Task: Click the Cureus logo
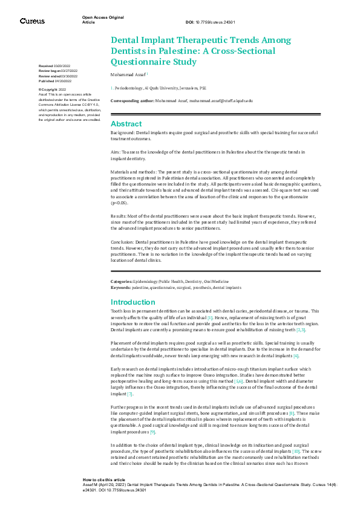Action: point(32,21)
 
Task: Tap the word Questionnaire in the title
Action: point(143,62)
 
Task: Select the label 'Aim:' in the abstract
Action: point(116,153)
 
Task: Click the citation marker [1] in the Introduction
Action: point(209,317)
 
